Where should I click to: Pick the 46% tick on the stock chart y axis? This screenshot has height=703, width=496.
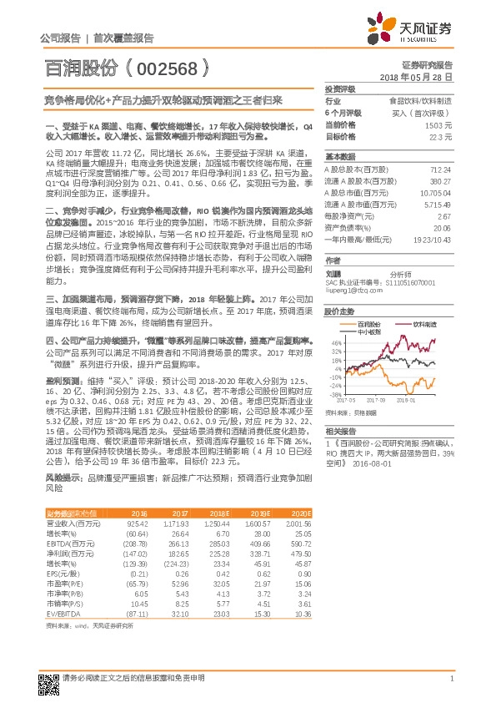click(335, 342)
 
